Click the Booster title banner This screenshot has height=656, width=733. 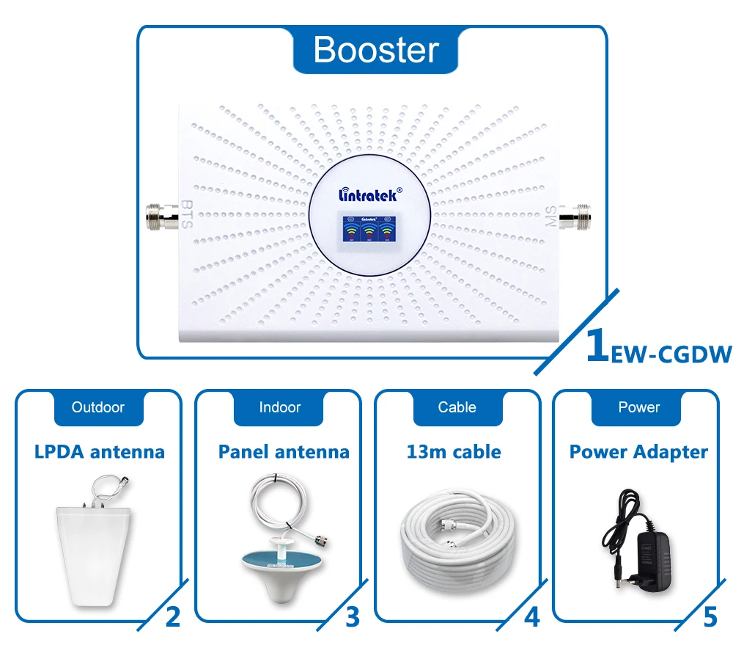pyautogui.click(x=375, y=50)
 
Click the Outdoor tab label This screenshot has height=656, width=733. pyautogui.click(x=98, y=407)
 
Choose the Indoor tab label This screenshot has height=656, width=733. pyautogui.click(x=280, y=407)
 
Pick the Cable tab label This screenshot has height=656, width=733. pyautogui.click(x=457, y=407)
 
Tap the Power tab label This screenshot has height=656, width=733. pyautogui.click(x=638, y=407)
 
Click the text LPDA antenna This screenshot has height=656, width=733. pyautogui.click(x=100, y=451)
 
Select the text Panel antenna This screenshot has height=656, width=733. pyautogui.click(x=284, y=451)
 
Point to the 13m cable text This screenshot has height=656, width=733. pyautogui.click(x=454, y=451)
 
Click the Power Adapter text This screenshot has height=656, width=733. pyautogui.click(x=638, y=451)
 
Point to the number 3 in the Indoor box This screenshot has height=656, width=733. pyautogui.click(x=352, y=617)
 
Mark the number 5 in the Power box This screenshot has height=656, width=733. pyautogui.click(x=710, y=617)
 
